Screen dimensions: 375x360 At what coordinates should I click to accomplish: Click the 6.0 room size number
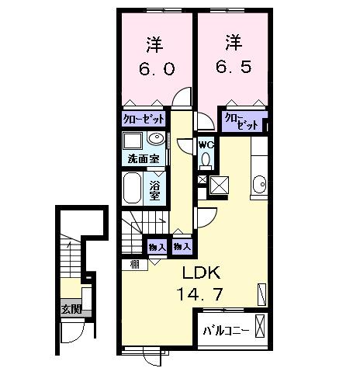click(x=157, y=68)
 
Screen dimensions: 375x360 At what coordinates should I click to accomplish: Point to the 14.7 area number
click(x=203, y=296)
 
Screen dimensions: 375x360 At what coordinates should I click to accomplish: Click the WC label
click(x=206, y=144)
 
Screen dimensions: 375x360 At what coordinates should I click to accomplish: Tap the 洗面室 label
click(x=144, y=159)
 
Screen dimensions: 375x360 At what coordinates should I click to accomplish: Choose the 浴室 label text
click(x=154, y=190)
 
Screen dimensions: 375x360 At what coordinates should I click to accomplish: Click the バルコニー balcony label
click(x=226, y=329)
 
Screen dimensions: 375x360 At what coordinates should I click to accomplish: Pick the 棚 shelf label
click(x=135, y=265)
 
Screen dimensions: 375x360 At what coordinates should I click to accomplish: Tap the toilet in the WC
click(x=206, y=161)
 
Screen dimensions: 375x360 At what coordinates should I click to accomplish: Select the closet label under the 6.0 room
click(x=144, y=120)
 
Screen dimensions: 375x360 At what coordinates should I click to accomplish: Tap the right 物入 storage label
click(x=182, y=247)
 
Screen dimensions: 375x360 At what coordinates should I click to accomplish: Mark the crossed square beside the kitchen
click(x=220, y=186)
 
